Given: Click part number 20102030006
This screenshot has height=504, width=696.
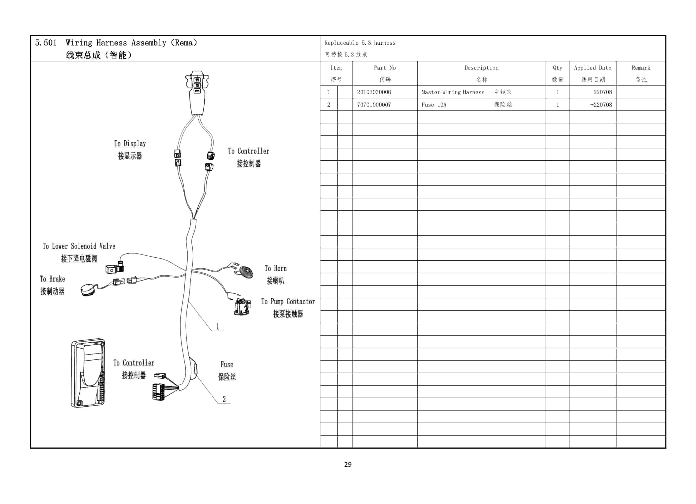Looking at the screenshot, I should (x=374, y=92).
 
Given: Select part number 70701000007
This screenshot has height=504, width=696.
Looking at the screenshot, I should (x=374, y=105).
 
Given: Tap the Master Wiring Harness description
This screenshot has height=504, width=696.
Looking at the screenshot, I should (x=453, y=92).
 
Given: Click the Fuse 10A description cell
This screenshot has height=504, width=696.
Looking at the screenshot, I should (x=434, y=105).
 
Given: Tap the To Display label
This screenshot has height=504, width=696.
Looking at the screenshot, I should (x=130, y=144).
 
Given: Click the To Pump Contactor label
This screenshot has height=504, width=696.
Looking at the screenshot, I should (x=288, y=302).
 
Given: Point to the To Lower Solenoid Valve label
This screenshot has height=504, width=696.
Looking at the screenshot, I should (x=79, y=246).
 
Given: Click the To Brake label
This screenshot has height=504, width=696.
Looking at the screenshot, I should (x=52, y=279).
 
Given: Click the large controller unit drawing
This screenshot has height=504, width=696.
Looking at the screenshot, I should (x=88, y=373).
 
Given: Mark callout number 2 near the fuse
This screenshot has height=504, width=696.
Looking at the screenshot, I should (x=224, y=399).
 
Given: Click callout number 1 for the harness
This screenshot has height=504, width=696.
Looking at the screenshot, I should (x=218, y=326).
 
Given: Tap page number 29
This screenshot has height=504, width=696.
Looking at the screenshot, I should (x=348, y=464).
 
